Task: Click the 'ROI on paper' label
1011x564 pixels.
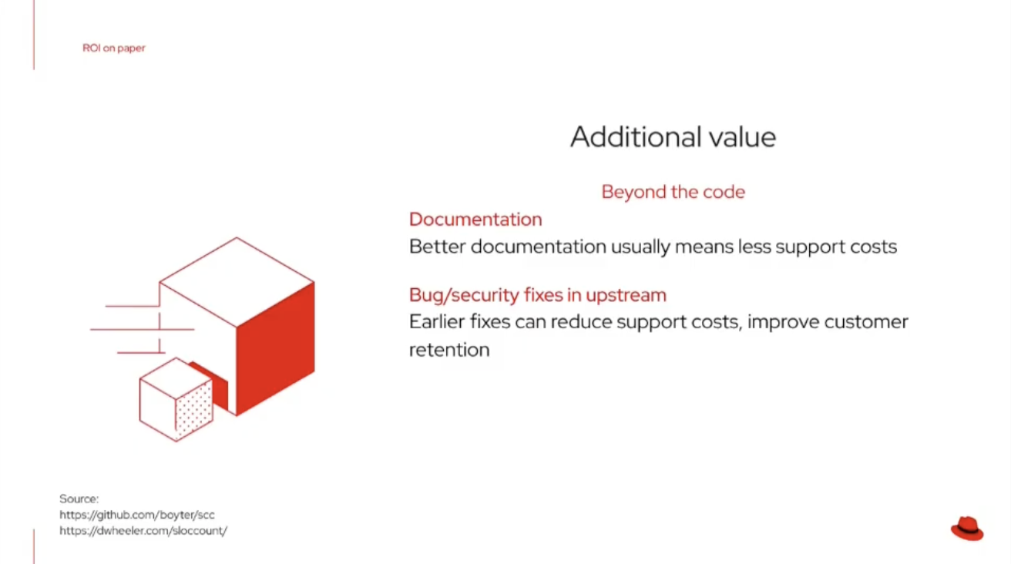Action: click(x=114, y=48)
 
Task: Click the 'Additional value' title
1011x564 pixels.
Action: click(x=673, y=136)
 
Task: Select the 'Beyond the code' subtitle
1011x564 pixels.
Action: click(x=673, y=192)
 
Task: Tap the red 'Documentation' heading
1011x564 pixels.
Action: click(x=475, y=220)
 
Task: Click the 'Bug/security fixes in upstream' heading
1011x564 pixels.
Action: click(x=538, y=295)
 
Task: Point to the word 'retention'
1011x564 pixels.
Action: click(x=449, y=350)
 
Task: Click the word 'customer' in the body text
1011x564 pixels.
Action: click(x=866, y=322)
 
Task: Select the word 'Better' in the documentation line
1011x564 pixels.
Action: click(x=437, y=247)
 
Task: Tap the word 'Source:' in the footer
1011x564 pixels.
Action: click(x=79, y=499)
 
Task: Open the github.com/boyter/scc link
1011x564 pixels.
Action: click(x=137, y=515)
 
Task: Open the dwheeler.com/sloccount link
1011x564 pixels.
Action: click(x=143, y=531)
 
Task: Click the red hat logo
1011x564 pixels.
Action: click(x=967, y=529)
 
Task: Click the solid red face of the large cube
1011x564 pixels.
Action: click(x=275, y=350)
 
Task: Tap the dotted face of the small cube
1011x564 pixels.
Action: click(x=194, y=411)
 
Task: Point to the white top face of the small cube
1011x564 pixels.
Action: click(x=176, y=378)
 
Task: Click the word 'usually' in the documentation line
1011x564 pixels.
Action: click(x=640, y=247)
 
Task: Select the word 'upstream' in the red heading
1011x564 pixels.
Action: click(x=626, y=296)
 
